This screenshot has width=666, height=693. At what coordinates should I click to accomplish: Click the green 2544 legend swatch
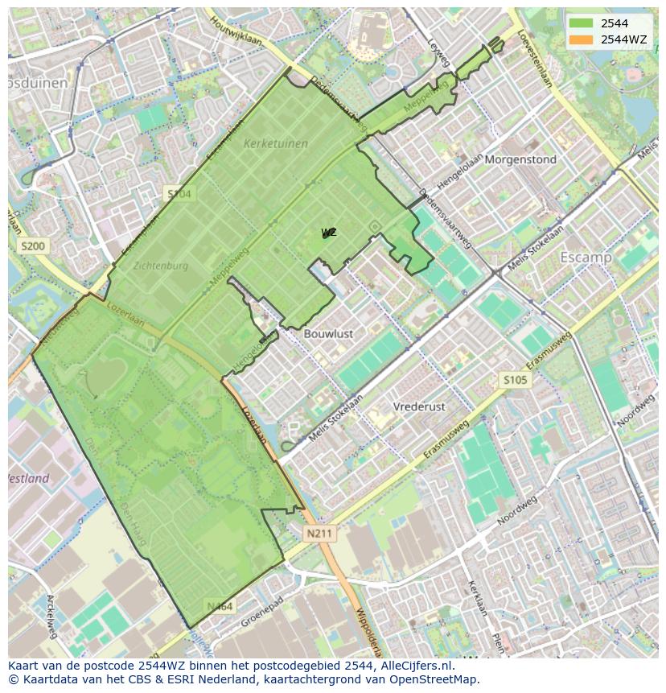[x=582, y=23]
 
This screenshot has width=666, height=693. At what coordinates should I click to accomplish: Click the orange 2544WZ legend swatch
[x=582, y=39]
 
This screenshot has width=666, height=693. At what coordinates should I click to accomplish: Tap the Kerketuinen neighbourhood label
[x=275, y=144]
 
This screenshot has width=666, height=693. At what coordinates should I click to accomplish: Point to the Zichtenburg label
[x=161, y=266]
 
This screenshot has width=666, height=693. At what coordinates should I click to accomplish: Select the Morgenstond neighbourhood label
[x=520, y=159]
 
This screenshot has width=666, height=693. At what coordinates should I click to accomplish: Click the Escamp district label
[x=586, y=258]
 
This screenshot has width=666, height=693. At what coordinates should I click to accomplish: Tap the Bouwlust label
[x=328, y=333]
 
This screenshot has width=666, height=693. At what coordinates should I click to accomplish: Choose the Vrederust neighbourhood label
[x=419, y=407]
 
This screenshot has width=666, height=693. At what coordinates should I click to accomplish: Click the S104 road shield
[x=179, y=193]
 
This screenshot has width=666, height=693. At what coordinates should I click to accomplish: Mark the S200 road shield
[x=34, y=245]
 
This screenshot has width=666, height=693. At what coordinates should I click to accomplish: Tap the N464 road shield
[x=219, y=606]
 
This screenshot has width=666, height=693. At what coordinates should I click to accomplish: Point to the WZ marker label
[x=329, y=233]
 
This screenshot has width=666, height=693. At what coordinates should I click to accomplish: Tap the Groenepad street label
[x=263, y=614]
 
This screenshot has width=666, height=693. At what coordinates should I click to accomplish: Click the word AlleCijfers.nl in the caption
[x=415, y=666]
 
